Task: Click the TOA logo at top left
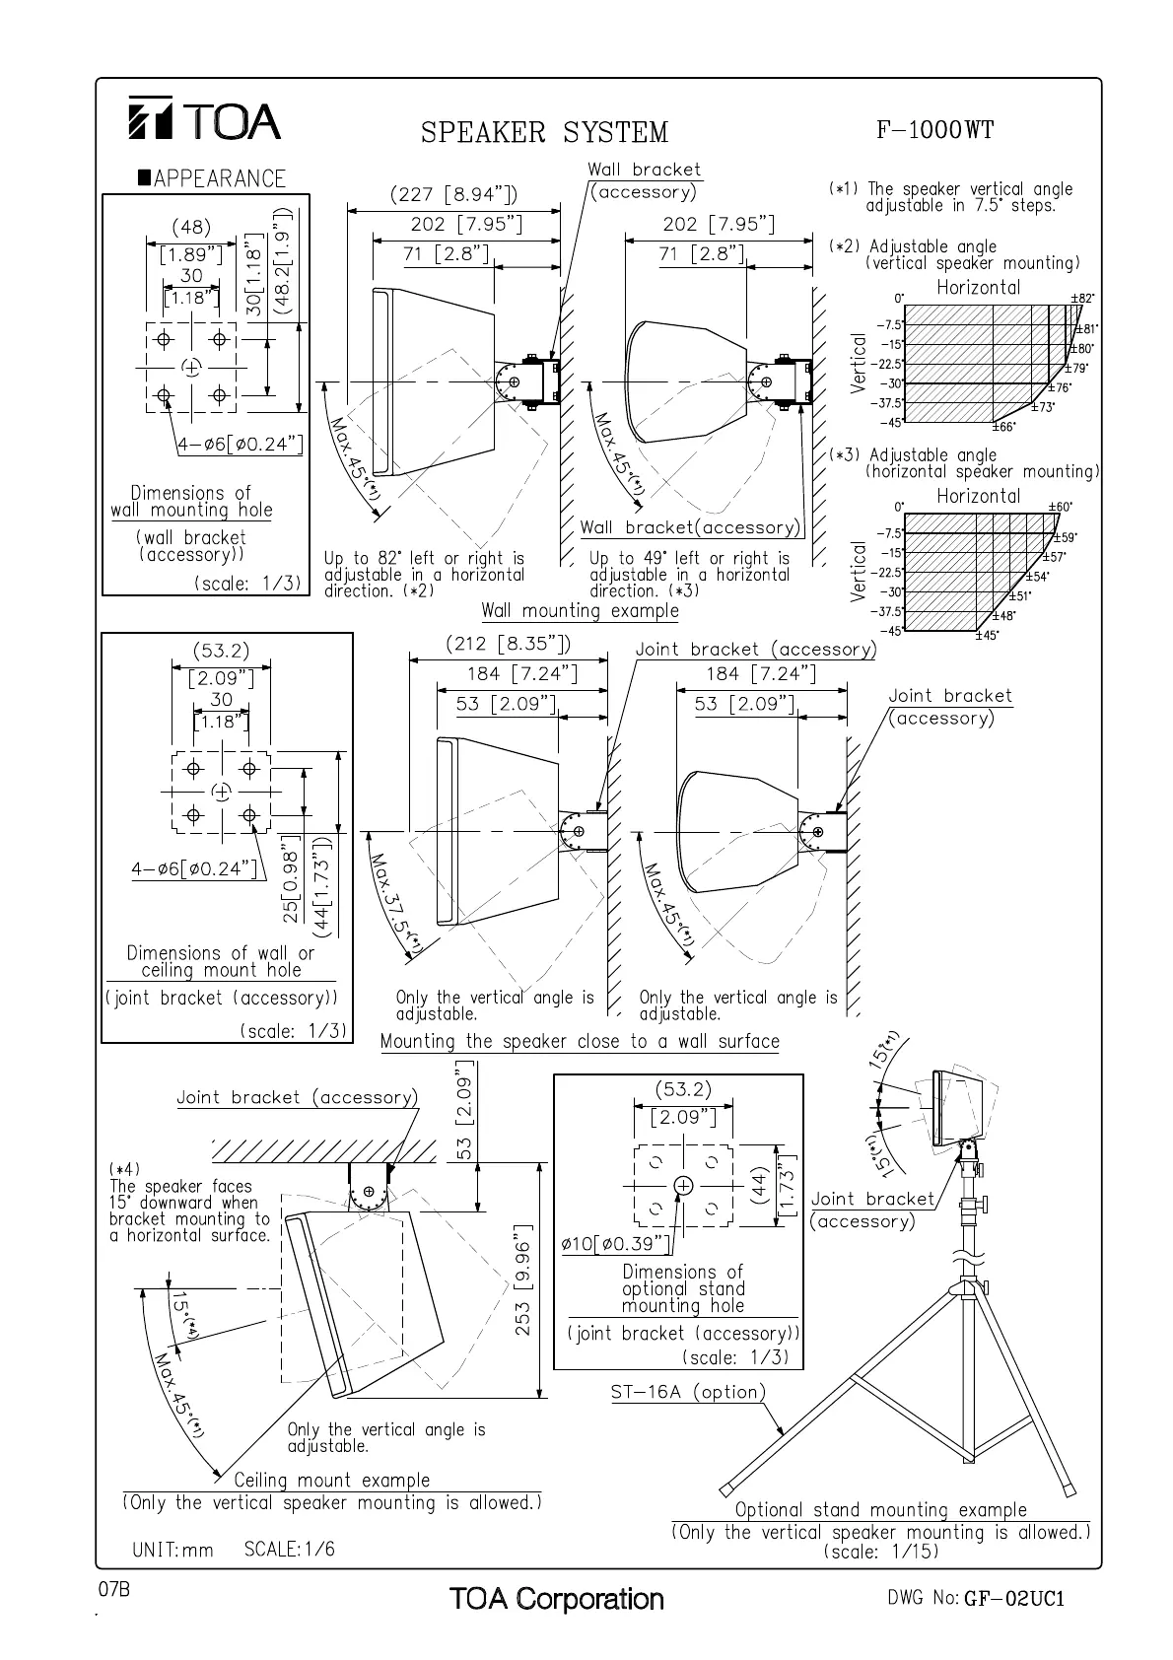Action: click(204, 120)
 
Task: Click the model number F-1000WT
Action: click(933, 129)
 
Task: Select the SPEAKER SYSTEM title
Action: click(544, 132)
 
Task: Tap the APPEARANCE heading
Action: click(212, 178)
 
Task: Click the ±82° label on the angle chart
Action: click(1082, 297)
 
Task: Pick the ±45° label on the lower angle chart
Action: click(985, 635)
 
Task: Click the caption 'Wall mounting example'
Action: click(580, 610)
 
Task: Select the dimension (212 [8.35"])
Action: click(508, 645)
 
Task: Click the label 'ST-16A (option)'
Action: click(688, 1392)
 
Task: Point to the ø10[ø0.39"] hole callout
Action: click(616, 1244)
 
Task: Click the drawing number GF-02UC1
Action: click(1015, 1598)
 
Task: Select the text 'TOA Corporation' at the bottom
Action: click(556, 1598)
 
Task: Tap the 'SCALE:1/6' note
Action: click(289, 1549)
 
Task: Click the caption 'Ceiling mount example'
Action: click(332, 1480)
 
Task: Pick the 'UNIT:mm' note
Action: click(172, 1550)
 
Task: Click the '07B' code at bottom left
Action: click(114, 1589)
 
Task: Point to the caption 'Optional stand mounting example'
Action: click(880, 1510)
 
